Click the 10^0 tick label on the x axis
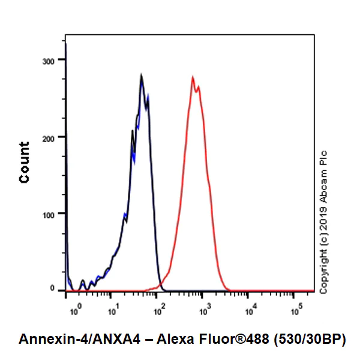[75, 311]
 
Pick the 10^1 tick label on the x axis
[112, 311]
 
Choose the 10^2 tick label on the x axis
[158, 311]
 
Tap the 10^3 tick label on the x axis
[204, 311]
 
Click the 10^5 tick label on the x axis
[296, 311]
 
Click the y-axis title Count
[25, 162]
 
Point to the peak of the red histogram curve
[193, 77]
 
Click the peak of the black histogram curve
[141, 76]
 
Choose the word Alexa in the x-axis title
[179, 339]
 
